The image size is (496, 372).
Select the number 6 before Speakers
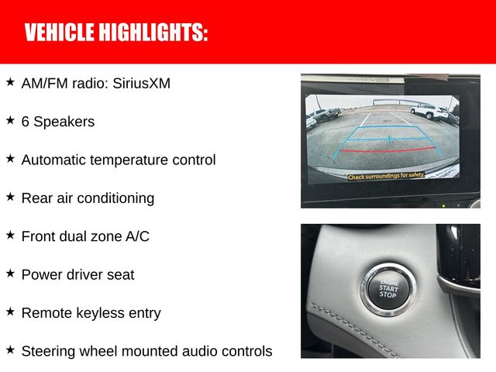point(26,122)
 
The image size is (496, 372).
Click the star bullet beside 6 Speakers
point(10,120)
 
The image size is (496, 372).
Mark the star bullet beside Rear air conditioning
point(10,197)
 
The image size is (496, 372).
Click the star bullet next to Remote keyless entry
point(10,312)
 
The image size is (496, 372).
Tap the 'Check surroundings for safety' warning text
point(385,177)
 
